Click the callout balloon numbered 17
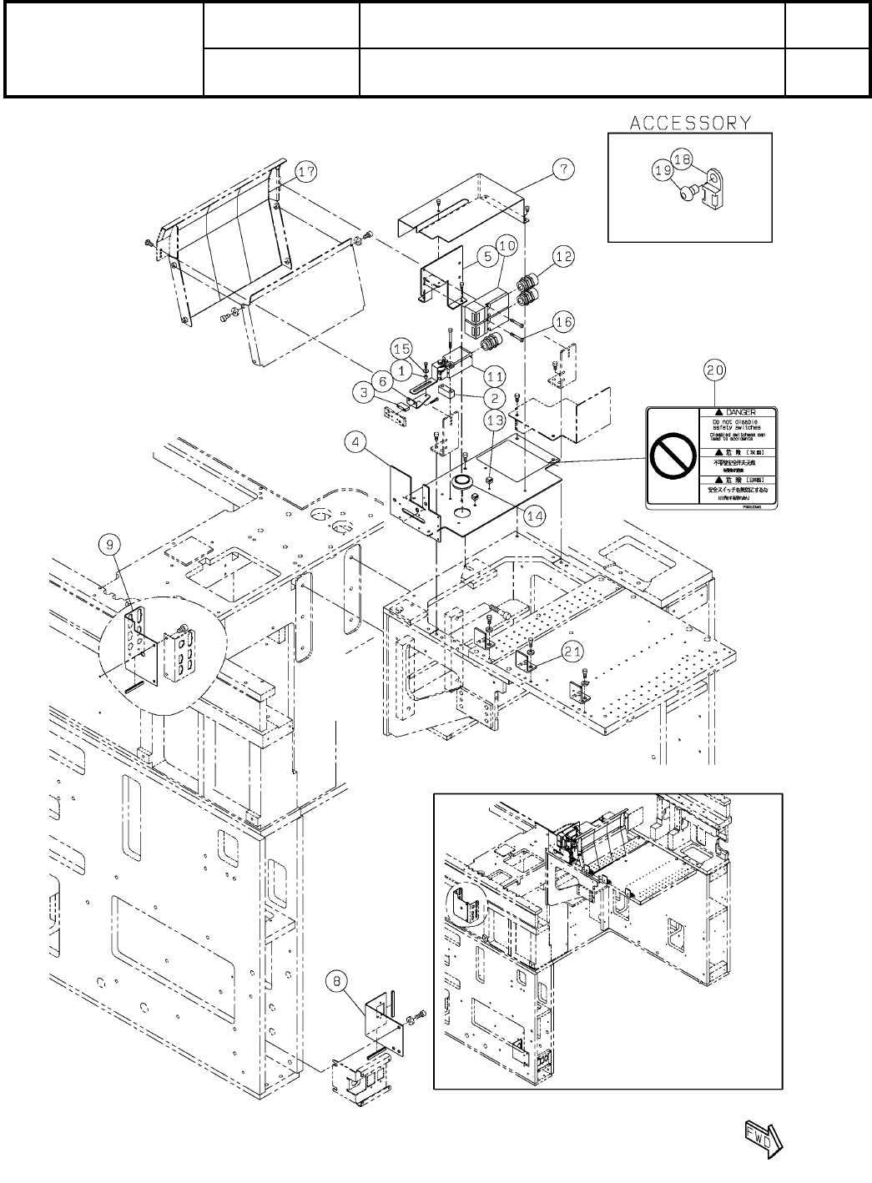point(307,172)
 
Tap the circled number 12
point(564,258)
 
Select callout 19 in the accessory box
point(663,170)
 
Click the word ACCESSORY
point(689,123)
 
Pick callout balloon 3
point(365,390)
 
